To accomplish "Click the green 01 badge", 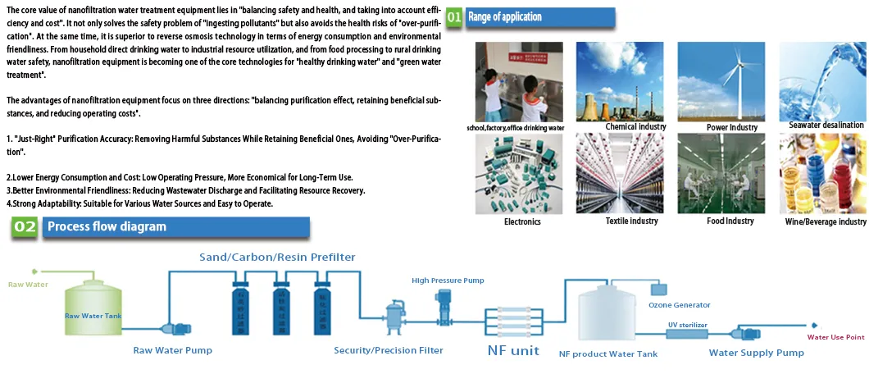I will click(x=453, y=17).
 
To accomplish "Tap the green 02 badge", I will click(x=25, y=227).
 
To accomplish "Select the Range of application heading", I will click(x=504, y=17).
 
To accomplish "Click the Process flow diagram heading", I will click(x=107, y=227).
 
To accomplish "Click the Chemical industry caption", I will click(x=635, y=127).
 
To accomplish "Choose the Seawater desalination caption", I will click(x=826, y=125).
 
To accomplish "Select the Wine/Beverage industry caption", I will click(x=825, y=221).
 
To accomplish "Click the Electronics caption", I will click(x=522, y=221).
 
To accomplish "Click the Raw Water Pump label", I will click(x=172, y=350).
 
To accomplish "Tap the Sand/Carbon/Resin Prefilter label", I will click(x=277, y=258).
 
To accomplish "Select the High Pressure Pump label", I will click(x=448, y=280).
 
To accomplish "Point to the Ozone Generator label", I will click(x=679, y=305).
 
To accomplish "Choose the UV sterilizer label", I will click(x=687, y=325).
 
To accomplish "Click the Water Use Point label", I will click(x=836, y=337).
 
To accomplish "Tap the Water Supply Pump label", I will click(x=756, y=353).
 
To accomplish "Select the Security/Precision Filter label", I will click(x=389, y=350).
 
